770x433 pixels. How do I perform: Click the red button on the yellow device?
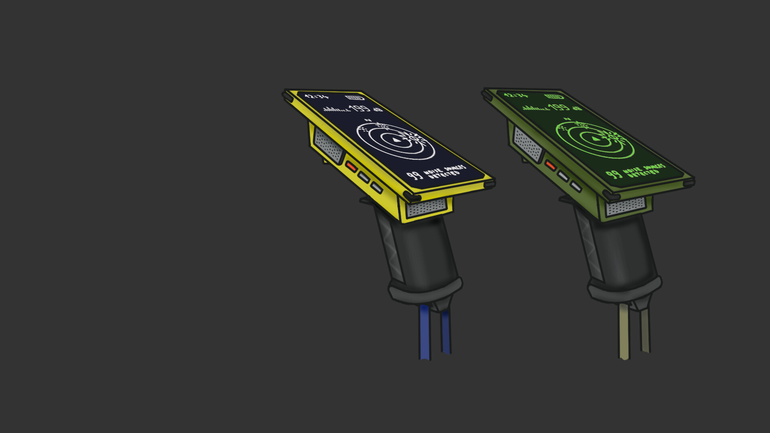point(351,166)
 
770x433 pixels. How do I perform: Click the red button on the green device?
point(550,165)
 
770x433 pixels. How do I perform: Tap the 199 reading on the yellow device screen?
point(359,109)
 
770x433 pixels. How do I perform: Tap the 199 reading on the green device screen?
point(559,107)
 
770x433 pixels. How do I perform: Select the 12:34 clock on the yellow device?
point(316,97)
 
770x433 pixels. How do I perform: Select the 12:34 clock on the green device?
point(516,95)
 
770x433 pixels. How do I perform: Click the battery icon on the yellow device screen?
point(355,98)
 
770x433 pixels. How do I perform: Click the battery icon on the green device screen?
point(554,97)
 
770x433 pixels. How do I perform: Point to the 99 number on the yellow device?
point(414,176)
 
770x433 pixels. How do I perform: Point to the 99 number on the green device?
point(614,174)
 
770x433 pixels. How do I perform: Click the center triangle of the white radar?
point(396,140)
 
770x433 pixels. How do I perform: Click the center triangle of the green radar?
point(596,139)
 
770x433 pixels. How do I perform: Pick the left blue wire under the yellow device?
point(425,333)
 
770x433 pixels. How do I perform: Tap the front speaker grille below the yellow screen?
point(427,208)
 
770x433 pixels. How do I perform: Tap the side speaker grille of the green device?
point(527,144)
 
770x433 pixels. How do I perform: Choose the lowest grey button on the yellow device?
point(377,187)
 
